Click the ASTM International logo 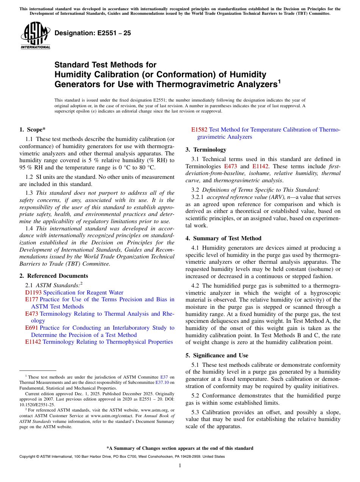pyautogui.click(x=35, y=36)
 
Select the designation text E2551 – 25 pyautogui.click(x=93, y=33)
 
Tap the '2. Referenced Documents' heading pyautogui.click(x=54, y=276)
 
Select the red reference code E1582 pyautogui.click(x=199, y=130)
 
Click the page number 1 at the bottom pyautogui.click(x=180, y=465)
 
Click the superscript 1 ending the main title pyautogui.click(x=279, y=81)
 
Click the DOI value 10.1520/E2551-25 pyautogui.click(x=37, y=405)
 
